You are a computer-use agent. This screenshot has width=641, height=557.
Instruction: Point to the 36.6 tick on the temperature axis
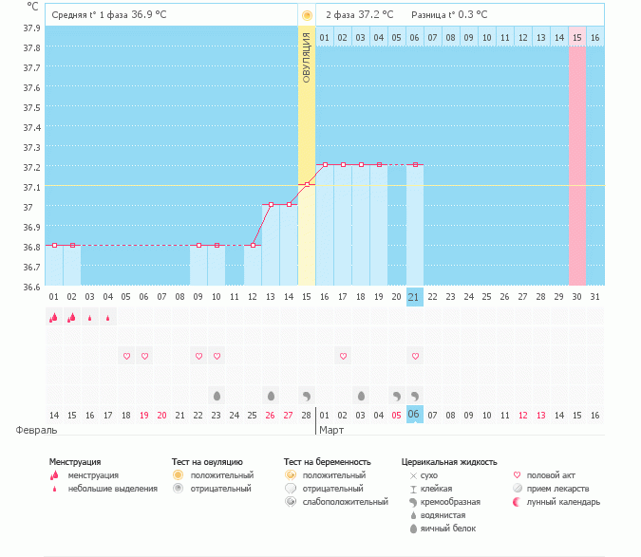coord(31,287)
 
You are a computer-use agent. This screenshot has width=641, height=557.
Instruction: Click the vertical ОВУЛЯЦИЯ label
coord(307,58)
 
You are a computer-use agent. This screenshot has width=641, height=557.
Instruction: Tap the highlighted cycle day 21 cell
coord(414,297)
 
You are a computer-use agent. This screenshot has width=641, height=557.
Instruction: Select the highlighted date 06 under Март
coord(414,415)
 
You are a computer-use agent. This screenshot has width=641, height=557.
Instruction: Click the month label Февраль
coord(29,430)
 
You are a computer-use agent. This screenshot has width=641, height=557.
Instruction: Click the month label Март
coord(331,430)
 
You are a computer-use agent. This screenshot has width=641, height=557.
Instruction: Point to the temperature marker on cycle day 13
coord(271,204)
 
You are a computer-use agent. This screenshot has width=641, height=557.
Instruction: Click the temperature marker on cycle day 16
coord(325,164)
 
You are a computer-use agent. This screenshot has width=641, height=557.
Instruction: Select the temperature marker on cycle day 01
coord(54,245)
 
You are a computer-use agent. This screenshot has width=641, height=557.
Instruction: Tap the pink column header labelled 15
coord(576,37)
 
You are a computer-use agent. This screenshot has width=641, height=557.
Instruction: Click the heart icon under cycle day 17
coord(343,356)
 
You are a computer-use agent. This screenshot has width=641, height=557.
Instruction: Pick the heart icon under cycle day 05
coord(126,356)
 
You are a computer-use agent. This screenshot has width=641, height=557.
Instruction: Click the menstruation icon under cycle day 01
coord(54,318)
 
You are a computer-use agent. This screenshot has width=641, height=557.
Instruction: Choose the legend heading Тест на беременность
coord(327,462)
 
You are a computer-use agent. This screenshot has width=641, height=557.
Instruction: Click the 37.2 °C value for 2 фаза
coord(371,15)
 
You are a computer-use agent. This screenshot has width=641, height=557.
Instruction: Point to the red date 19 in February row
coord(144,415)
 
